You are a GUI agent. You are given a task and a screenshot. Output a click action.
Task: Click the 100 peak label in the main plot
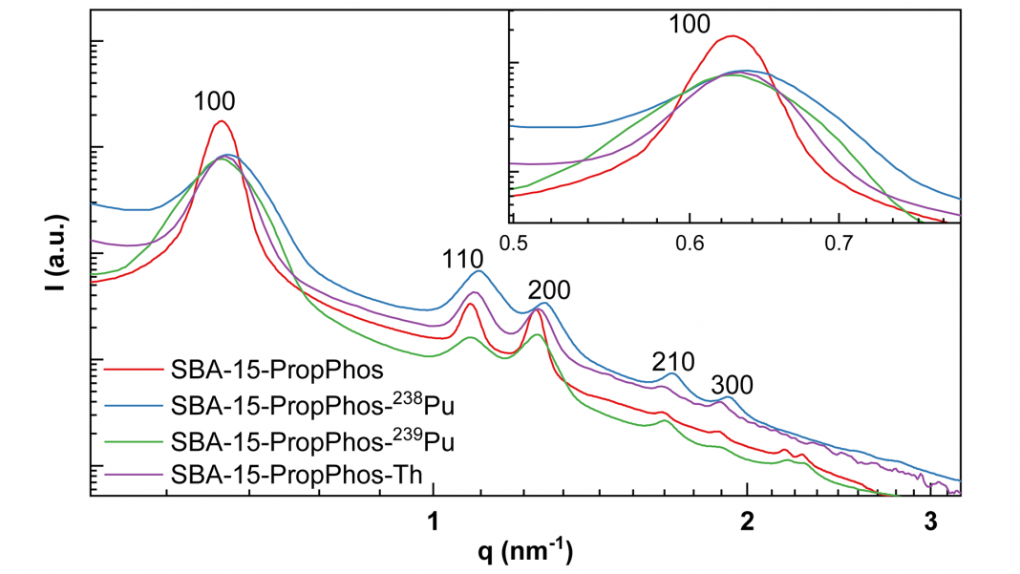point(214,101)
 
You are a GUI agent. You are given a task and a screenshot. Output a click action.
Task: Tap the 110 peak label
point(463,258)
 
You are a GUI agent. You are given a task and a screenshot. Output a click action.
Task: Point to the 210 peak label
point(671,361)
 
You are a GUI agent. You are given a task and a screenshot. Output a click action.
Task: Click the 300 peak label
point(733,385)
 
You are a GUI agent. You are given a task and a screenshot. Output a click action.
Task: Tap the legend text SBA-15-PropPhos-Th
point(293,475)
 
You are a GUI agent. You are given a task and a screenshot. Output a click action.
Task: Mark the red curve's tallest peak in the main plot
point(221,121)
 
